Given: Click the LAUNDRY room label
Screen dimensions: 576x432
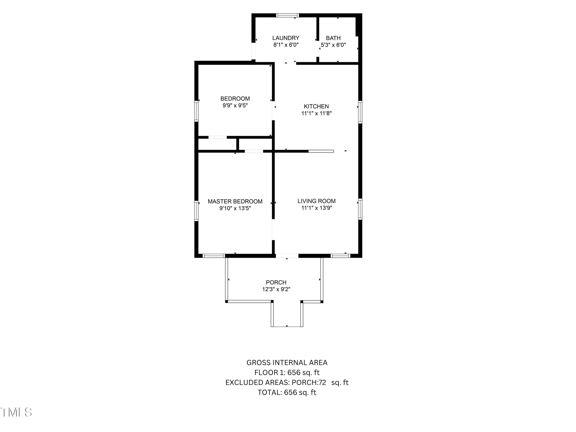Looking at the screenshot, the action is click(286, 38).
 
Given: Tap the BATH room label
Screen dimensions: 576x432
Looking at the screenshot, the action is click(333, 38).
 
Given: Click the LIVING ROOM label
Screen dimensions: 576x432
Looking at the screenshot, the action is click(316, 201).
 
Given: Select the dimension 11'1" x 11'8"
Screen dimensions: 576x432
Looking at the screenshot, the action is click(316, 113).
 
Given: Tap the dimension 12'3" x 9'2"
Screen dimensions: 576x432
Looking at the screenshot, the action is click(276, 289).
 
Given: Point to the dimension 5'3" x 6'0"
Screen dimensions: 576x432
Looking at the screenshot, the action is click(333, 45).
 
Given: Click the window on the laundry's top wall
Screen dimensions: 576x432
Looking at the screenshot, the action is click(287, 15).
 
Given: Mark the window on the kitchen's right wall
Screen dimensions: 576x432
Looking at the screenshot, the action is click(360, 112).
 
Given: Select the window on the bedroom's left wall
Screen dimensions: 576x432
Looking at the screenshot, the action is click(196, 111).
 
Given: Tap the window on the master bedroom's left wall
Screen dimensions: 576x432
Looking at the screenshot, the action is click(196, 211).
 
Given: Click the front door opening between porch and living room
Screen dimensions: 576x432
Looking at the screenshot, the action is click(287, 256).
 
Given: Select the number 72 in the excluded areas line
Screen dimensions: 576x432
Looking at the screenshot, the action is click(322, 382).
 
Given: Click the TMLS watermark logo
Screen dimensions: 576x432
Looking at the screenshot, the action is click(16, 412).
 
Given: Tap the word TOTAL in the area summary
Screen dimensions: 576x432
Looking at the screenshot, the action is click(270, 392).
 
